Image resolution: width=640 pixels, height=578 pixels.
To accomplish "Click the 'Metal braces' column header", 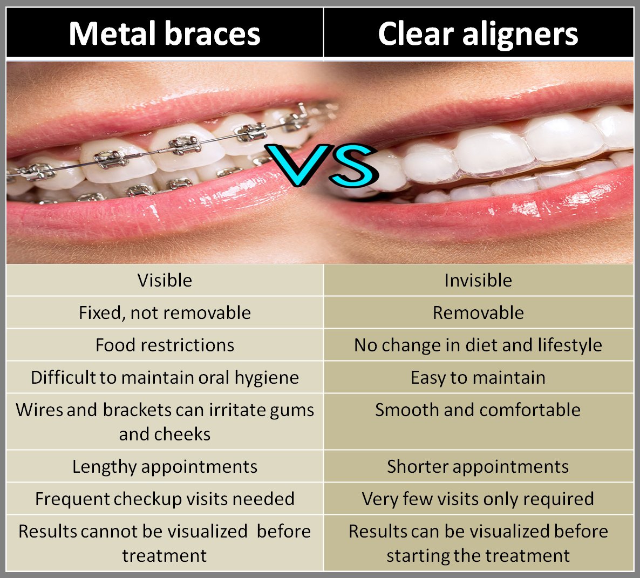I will pyautogui.click(x=165, y=33).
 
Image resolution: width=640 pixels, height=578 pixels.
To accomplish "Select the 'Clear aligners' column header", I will pyautogui.click(x=478, y=33).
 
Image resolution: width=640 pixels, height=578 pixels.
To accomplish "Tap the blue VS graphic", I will pyautogui.click(x=323, y=165).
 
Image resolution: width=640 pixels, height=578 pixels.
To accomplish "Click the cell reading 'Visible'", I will pyautogui.click(x=165, y=280).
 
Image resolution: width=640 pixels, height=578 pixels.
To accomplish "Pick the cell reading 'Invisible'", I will pyautogui.click(x=478, y=280).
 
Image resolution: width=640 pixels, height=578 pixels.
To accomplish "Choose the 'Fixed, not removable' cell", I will pyautogui.click(x=165, y=312).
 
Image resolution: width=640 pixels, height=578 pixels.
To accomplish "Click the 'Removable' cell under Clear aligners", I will pyautogui.click(x=478, y=312).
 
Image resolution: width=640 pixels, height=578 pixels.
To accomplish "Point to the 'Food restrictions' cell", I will pyautogui.click(x=165, y=345).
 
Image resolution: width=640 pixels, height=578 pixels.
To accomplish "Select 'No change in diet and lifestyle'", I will pyautogui.click(x=478, y=345).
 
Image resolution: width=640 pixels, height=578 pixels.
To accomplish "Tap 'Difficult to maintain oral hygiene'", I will pyautogui.click(x=165, y=377).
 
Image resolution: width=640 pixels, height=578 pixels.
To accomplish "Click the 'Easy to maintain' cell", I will pyautogui.click(x=478, y=377).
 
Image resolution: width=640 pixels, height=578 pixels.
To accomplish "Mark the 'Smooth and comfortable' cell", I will pyautogui.click(x=478, y=410).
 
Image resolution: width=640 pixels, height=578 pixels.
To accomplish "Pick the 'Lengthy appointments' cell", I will pyautogui.click(x=165, y=466).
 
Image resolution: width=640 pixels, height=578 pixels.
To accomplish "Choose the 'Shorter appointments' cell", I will pyautogui.click(x=478, y=466).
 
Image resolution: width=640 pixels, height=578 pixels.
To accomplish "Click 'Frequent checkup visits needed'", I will pyautogui.click(x=165, y=499).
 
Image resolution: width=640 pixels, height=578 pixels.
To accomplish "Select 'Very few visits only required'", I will pyautogui.click(x=478, y=499).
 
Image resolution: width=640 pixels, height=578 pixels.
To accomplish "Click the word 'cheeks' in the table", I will pyautogui.click(x=183, y=434).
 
